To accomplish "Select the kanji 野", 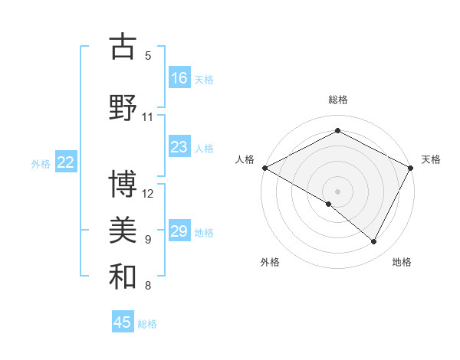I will click(123, 108).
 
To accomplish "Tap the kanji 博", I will click(123, 185).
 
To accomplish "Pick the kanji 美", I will click(123, 231).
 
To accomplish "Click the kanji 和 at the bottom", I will click(123, 277).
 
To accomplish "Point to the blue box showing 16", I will click(179, 77).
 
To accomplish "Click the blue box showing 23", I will click(179, 147).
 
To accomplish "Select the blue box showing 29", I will click(179, 231).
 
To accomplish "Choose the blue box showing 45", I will click(123, 322).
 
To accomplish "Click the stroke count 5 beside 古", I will click(148, 55).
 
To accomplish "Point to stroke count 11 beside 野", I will click(148, 116).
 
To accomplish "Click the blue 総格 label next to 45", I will click(147, 324).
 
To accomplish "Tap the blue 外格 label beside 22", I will click(41, 163).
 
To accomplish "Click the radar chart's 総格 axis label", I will click(338, 100).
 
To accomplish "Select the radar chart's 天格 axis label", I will click(431, 159).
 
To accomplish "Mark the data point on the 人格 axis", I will click(264, 168).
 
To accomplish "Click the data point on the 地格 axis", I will click(374, 242).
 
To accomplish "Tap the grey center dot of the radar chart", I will click(338, 191).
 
